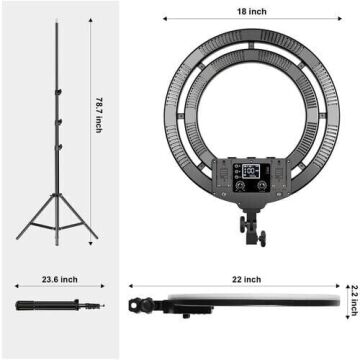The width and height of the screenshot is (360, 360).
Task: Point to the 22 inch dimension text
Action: coord(251,280)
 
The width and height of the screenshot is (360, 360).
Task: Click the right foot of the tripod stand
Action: coord(97,238)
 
